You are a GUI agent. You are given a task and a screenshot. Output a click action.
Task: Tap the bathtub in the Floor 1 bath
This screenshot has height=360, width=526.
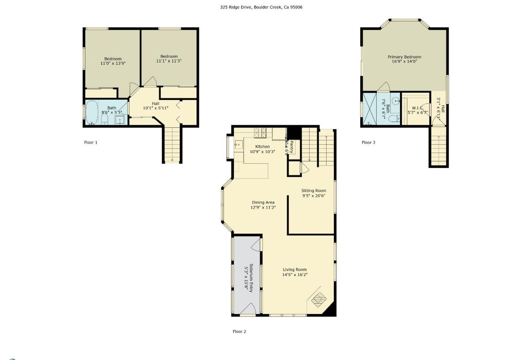(91, 112)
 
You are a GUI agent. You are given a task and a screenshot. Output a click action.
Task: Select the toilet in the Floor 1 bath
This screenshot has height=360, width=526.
(104, 119)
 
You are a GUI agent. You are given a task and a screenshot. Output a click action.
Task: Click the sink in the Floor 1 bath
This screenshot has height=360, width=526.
(120, 120)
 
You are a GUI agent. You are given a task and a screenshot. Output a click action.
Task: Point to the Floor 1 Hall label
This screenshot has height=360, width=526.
(155, 103)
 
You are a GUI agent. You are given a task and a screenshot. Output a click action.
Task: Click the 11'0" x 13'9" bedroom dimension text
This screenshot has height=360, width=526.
(113, 64)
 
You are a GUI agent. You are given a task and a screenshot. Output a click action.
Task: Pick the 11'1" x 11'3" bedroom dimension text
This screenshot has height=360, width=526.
(169, 61)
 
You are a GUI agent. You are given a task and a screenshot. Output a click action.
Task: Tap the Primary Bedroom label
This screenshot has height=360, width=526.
(404, 57)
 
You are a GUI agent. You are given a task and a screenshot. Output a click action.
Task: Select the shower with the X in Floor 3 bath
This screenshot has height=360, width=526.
(371, 109)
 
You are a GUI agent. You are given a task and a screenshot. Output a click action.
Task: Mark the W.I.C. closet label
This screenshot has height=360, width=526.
(418, 108)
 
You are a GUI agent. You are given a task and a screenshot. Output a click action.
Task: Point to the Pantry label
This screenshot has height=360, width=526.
(291, 147)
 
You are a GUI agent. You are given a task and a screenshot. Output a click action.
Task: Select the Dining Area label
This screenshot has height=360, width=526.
(263, 202)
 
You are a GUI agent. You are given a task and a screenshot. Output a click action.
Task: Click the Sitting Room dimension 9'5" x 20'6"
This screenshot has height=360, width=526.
(313, 196)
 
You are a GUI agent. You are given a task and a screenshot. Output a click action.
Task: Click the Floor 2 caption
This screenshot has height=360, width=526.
(239, 332)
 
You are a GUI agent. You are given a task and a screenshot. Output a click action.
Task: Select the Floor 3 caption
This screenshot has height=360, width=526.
(368, 142)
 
